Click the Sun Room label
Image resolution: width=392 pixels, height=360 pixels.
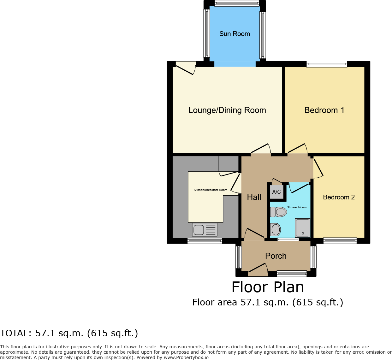(x=235, y=34)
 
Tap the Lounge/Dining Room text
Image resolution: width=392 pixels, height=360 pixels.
(x=227, y=110)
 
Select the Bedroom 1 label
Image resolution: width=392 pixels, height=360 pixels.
(x=324, y=110)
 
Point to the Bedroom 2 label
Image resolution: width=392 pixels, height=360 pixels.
(x=339, y=197)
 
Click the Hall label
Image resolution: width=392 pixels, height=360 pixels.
(x=254, y=197)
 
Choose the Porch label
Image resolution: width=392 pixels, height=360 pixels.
(x=276, y=256)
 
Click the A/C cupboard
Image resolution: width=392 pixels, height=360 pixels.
(x=276, y=192)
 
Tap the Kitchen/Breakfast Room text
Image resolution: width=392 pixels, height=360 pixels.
(x=210, y=190)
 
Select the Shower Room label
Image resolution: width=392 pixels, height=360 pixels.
(x=296, y=207)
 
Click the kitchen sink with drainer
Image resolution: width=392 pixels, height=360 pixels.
(x=205, y=230)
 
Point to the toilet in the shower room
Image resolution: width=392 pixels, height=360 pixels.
(x=279, y=212)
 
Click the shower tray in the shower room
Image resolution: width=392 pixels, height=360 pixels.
(x=302, y=228)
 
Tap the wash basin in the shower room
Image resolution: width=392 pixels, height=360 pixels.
(x=275, y=230)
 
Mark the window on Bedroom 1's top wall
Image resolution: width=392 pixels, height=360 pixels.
(x=327, y=64)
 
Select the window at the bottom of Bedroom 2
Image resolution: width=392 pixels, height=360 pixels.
(x=340, y=241)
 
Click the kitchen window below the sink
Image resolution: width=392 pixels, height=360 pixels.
(x=205, y=241)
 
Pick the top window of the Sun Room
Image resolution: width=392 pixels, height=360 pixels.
(x=237, y=3)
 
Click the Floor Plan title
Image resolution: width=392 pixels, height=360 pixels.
(x=268, y=287)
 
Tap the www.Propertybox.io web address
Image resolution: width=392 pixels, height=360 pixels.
(x=186, y=357)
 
